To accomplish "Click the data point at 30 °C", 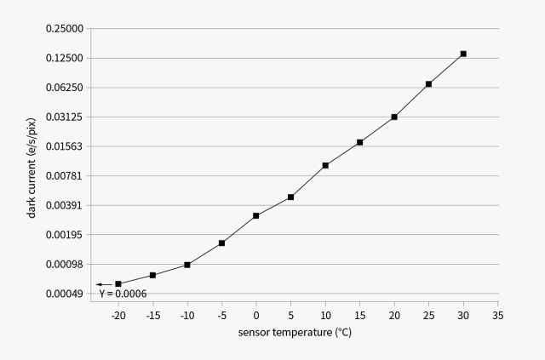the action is tap(463, 54).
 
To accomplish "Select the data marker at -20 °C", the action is tap(118, 284).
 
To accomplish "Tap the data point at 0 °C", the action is tap(256, 216).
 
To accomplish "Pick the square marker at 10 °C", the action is tap(325, 165).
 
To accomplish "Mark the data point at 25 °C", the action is tap(428, 84).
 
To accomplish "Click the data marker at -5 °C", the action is tap(221, 243).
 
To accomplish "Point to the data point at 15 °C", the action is tap(359, 142).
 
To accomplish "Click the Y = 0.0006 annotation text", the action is tap(123, 294).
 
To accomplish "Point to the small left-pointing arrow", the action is tap(104, 284).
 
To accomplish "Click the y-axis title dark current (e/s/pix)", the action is tap(32, 169).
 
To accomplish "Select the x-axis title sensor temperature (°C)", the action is tap(295, 333).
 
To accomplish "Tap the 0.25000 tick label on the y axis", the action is tap(65, 28).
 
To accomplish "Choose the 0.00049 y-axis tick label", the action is tap(65, 294).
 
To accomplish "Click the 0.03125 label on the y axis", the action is tap(65, 117).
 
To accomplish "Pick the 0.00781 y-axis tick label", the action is tap(65, 176).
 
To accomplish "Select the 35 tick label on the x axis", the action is tap(497, 316).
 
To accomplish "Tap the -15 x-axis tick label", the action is tap(153, 316).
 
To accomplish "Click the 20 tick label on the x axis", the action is tap(394, 316).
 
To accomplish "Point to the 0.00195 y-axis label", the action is tap(65, 235).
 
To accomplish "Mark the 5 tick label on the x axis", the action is tap(291, 316).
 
